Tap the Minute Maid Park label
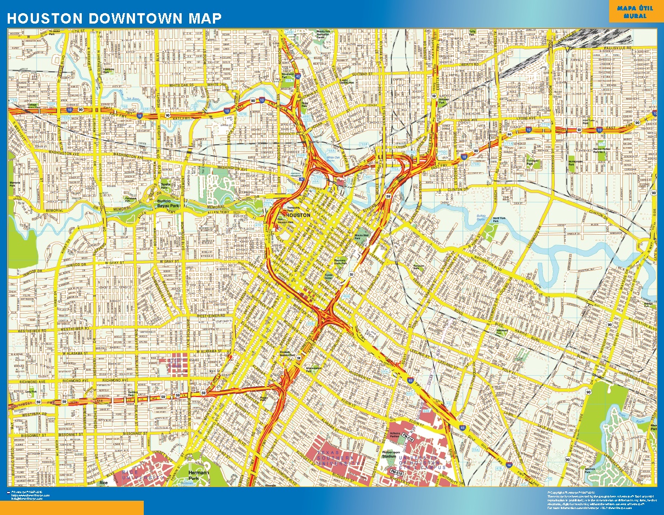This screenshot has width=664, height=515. coord(361,235)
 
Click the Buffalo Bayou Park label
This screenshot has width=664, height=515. coord(168,202)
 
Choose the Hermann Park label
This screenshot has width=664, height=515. coord(196,473)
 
